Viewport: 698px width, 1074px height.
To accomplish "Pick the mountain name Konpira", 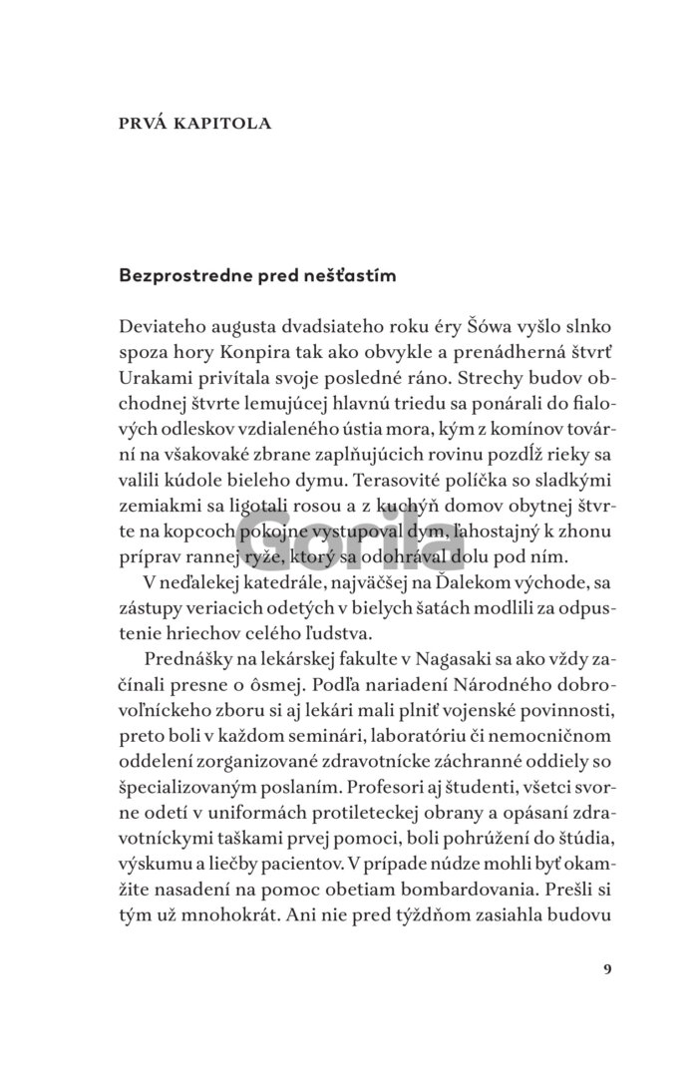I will pos(258,355).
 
